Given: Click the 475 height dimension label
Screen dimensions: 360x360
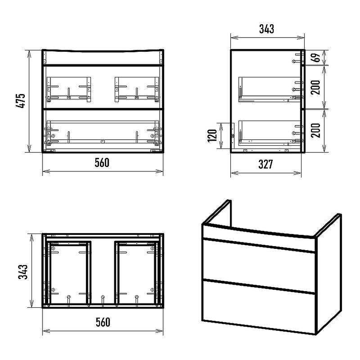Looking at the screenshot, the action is tap(20, 100).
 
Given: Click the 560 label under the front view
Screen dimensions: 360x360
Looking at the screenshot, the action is tap(102, 163).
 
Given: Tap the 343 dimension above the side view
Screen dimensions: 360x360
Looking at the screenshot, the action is tap(266, 29).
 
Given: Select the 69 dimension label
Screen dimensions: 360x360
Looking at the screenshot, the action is tap(316, 58).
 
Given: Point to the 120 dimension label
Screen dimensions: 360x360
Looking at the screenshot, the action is tap(212, 136).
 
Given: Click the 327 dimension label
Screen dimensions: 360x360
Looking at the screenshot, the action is tap(265, 164).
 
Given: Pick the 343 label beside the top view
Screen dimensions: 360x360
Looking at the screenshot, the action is tap(23, 272).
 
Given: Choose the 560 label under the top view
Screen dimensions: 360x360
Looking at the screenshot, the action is tap(103, 322).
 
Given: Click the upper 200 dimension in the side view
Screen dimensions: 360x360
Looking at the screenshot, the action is tap(316, 87).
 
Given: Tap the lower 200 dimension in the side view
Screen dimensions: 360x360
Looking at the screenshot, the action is tap(316, 130).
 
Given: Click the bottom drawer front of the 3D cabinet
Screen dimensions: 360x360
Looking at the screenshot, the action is tap(259, 306).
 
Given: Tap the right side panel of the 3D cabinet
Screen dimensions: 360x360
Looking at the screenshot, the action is tap(328, 274).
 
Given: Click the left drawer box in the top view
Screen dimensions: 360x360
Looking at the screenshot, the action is tap(68, 273).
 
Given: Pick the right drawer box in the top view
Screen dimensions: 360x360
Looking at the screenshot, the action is tap(137, 273).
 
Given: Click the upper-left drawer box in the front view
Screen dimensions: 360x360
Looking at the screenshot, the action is tap(69, 90).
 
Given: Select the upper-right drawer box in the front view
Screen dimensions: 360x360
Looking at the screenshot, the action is tap(137, 90).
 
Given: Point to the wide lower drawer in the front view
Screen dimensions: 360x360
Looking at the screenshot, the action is tap(103, 133).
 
